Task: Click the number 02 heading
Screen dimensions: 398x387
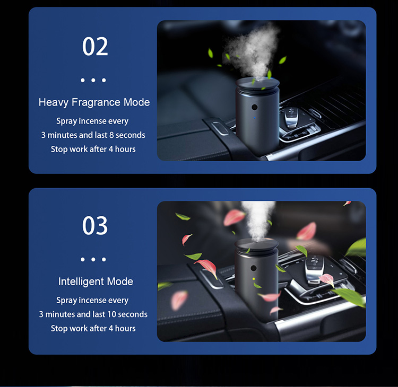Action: [x=95, y=47]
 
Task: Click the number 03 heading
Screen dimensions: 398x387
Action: [x=95, y=225]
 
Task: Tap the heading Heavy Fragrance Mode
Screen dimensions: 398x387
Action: [x=94, y=102]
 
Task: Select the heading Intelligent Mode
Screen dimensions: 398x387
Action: [x=96, y=282]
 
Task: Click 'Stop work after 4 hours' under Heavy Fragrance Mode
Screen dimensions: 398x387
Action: [x=93, y=149]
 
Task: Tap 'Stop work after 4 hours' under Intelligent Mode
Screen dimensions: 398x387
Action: [x=93, y=328]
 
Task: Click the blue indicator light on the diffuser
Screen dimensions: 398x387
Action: [x=255, y=118]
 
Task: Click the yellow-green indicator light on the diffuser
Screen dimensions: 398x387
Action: [x=254, y=279]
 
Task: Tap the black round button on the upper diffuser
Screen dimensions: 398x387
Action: [x=254, y=107]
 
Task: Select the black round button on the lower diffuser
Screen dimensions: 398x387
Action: [x=253, y=268]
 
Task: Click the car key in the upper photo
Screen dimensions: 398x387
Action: [x=291, y=117]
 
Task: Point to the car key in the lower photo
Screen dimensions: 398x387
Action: [x=315, y=268]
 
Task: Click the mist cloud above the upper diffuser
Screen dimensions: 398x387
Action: [x=252, y=51]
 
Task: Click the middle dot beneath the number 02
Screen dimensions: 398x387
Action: [x=93, y=80]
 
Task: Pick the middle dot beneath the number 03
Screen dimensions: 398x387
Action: [x=93, y=259]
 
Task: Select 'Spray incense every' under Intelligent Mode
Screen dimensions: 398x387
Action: [x=92, y=300]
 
